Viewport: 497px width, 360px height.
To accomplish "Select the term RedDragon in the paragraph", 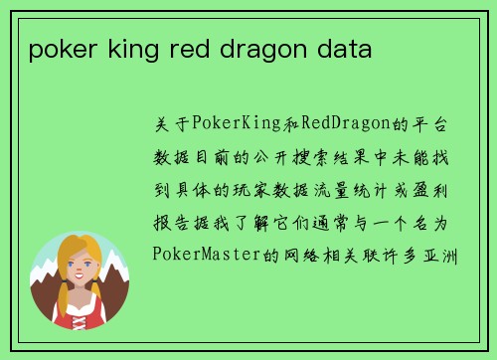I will tap(339, 125).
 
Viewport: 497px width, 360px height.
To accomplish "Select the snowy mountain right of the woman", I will tap(112, 283).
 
